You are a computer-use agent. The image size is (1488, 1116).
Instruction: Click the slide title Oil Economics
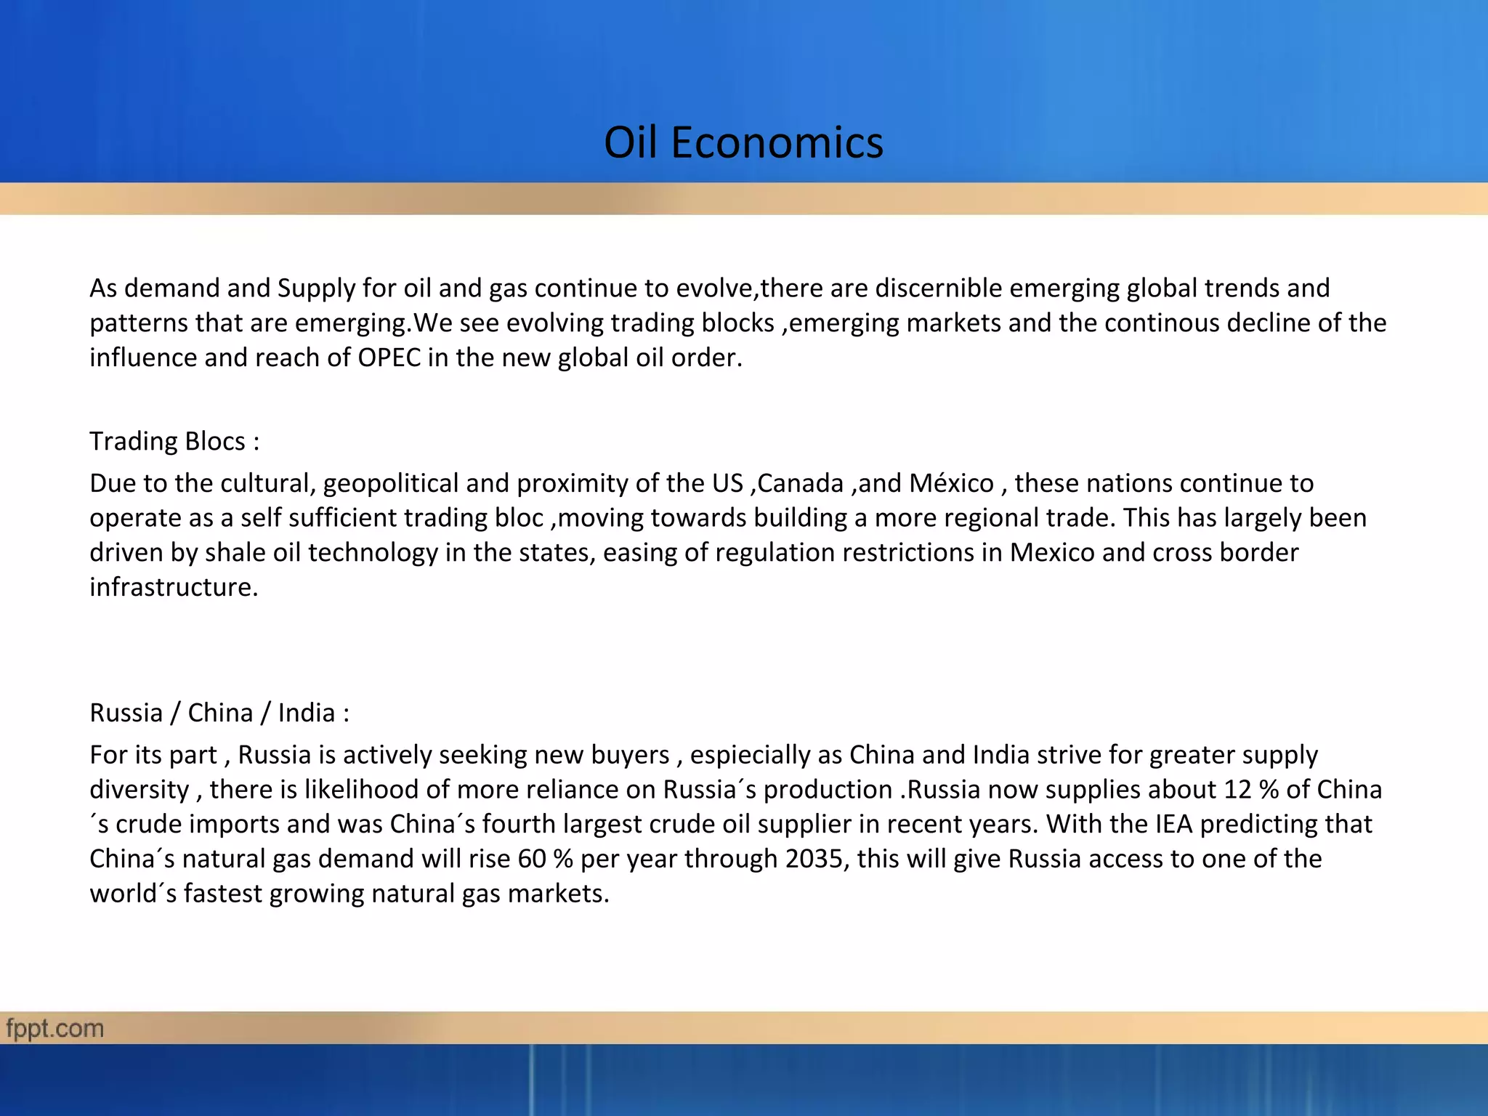(x=743, y=142)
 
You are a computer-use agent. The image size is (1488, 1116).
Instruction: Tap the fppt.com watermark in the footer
(x=54, y=1029)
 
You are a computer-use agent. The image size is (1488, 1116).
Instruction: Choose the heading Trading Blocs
(x=174, y=442)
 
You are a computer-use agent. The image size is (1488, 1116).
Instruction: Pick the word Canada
(x=800, y=483)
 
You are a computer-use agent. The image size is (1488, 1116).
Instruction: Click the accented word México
(x=951, y=483)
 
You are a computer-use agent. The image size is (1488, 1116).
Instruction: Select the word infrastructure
(x=174, y=587)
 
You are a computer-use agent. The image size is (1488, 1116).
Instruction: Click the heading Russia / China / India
(x=219, y=713)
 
